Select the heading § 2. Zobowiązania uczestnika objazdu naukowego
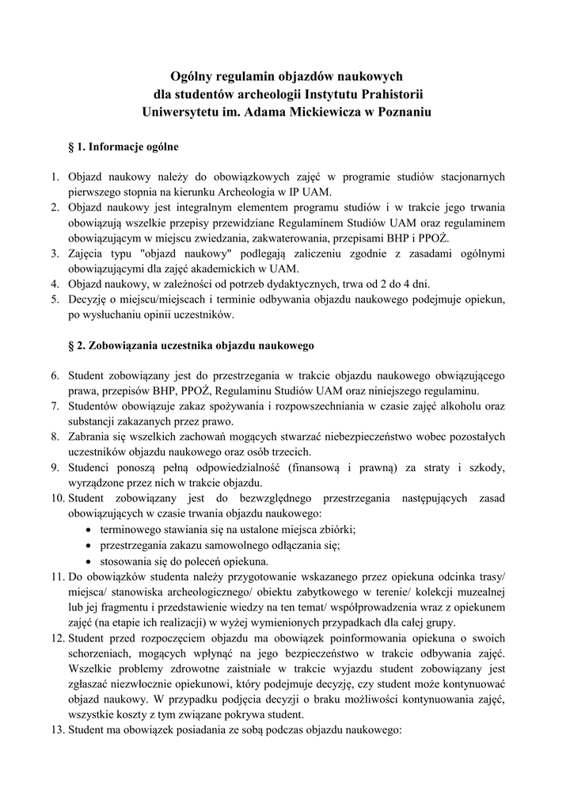[x=192, y=346]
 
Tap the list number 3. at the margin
[x=55, y=253]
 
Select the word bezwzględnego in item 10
[x=278, y=498]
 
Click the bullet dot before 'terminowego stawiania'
[x=91, y=529]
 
